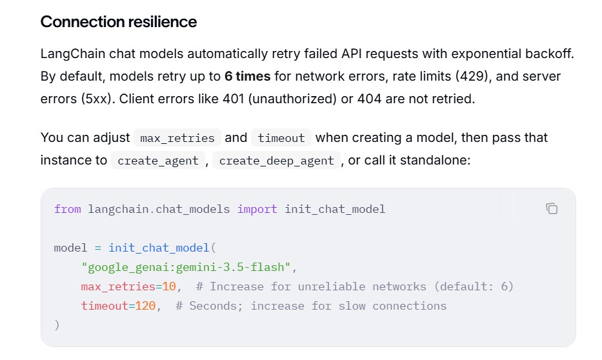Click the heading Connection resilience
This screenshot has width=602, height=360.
coord(119,22)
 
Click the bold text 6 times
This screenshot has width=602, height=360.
coord(247,76)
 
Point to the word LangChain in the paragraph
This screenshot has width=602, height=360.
coord(73,54)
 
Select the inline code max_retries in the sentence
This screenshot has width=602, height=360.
coord(177,138)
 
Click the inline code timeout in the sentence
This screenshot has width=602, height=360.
coord(281,138)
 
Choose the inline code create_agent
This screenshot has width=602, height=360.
coord(158,161)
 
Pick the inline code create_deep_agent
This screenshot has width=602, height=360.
coord(276,161)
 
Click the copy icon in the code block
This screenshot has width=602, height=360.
coord(552,208)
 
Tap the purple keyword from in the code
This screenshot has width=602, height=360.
coord(68,209)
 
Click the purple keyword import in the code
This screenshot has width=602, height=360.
coord(257,210)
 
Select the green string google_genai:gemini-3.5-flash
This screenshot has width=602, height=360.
coord(186,267)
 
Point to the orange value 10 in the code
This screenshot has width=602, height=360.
coord(169,286)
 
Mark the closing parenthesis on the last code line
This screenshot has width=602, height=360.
coord(57,325)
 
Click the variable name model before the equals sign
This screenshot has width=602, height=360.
coord(70,248)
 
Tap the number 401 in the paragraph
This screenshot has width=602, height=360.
coord(234,99)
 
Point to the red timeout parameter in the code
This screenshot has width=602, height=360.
coord(105,306)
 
